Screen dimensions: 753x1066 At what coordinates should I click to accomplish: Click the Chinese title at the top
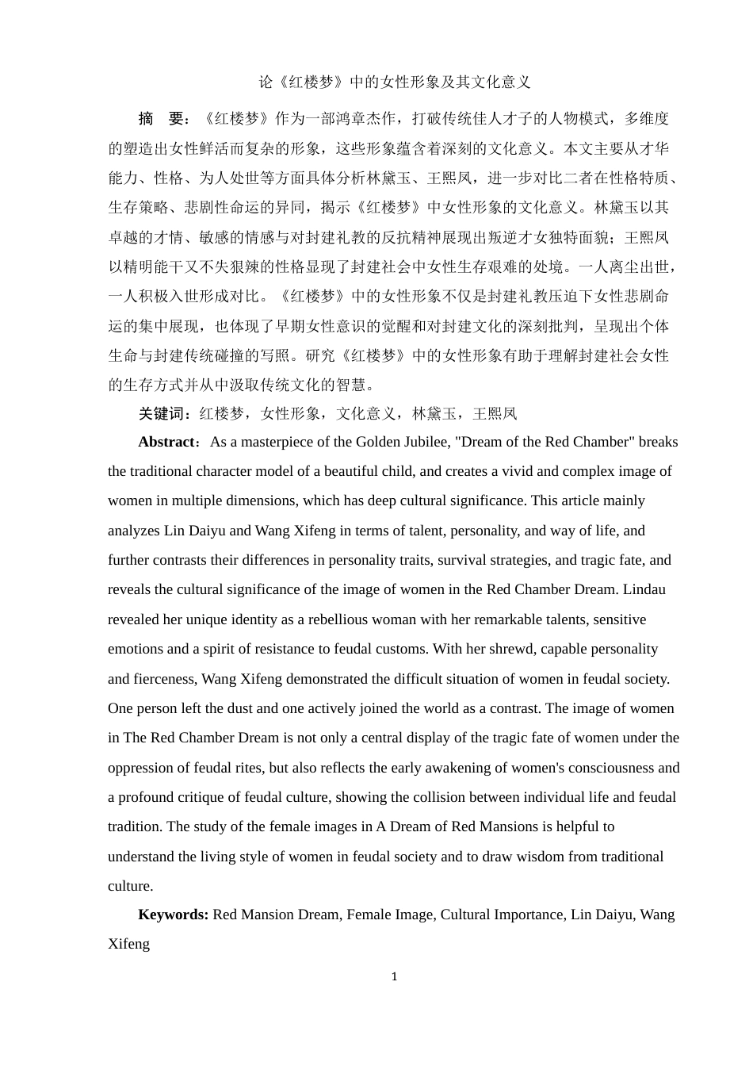click(x=395, y=82)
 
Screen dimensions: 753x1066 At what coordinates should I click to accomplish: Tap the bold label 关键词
click(x=164, y=413)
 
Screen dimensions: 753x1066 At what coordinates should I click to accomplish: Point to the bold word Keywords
click(x=173, y=915)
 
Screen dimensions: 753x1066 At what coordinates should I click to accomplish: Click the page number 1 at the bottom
click(x=394, y=976)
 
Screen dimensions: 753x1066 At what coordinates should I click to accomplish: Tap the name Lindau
click(x=644, y=589)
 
